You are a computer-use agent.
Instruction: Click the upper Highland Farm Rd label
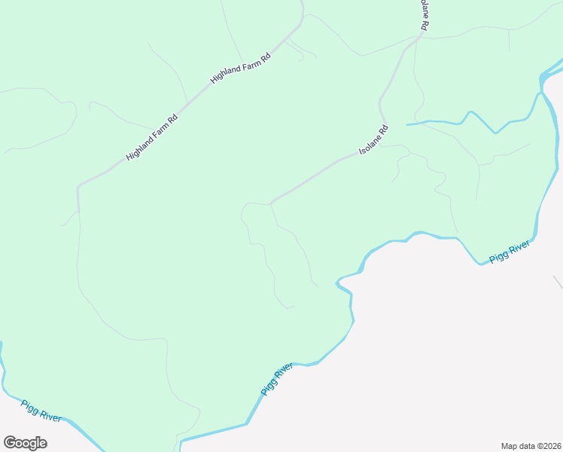coord(240,68)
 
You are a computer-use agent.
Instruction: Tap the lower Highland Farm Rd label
coord(153,136)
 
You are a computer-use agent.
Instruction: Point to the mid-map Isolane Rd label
coord(373,140)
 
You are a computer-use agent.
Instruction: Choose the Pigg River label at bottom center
coord(276,379)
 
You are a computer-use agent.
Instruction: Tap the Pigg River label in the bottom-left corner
coord(41,411)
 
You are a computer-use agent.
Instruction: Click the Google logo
coord(25,443)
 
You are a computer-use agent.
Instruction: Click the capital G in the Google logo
coord(10,443)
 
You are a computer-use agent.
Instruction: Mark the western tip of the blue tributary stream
coord(407,124)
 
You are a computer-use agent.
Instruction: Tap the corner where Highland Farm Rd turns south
coord(78,186)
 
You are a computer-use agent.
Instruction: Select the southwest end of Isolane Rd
coord(270,203)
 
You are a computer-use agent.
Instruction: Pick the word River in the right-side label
coord(519,247)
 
